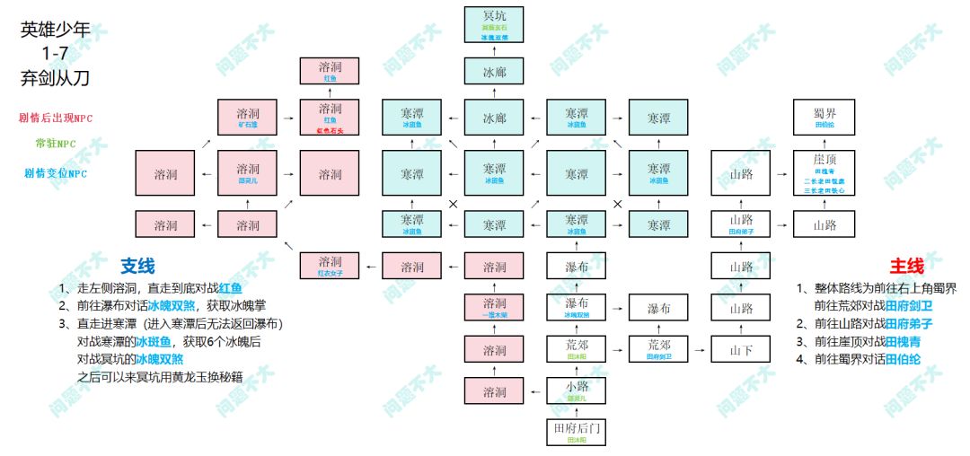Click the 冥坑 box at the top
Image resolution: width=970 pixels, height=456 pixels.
click(494, 25)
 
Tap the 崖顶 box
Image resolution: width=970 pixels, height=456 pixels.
click(824, 173)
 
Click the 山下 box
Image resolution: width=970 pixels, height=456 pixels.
click(741, 349)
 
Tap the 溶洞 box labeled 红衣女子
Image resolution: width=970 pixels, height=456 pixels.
click(331, 266)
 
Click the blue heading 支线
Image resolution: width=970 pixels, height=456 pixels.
click(137, 267)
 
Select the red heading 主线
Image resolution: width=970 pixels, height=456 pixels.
click(905, 267)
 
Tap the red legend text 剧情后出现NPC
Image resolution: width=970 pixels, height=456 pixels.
click(55, 118)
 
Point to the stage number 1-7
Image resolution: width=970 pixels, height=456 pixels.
click(55, 55)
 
